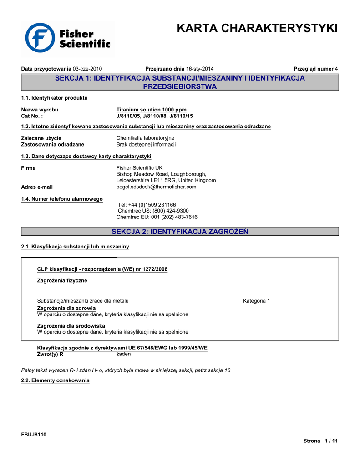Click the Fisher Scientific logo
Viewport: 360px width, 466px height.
coord(68,38)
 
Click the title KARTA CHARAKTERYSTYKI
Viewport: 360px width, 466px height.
coord(257,28)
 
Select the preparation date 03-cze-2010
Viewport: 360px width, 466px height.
coord(87,69)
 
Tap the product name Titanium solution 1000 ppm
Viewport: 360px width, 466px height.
coord(152,110)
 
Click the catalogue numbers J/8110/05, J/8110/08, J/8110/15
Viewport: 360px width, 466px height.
coord(155,116)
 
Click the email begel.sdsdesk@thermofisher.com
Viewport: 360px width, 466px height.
coord(156,187)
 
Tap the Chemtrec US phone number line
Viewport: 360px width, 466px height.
coord(153,211)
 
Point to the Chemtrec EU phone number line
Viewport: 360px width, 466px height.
coord(157,217)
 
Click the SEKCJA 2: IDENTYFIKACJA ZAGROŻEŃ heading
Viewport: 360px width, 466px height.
coord(180,232)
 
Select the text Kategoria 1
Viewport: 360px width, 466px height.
coord(257,301)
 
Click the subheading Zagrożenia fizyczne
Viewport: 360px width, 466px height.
coord(62,280)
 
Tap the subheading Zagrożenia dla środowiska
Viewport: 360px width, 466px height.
coord(71,326)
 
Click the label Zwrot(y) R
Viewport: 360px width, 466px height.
coord(50,354)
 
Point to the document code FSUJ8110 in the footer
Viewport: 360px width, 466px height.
coord(34,435)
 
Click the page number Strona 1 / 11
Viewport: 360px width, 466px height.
coord(321,441)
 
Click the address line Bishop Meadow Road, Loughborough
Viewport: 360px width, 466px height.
coord(161,174)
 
